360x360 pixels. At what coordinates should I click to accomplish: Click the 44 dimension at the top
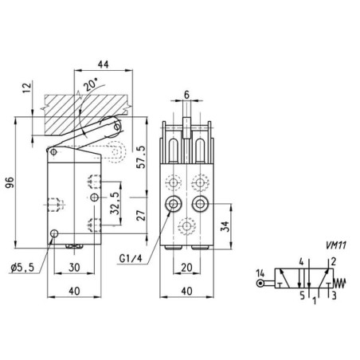tap(104, 65)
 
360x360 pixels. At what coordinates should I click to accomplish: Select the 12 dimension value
tap(27, 88)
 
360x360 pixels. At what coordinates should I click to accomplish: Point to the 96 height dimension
tap(10, 182)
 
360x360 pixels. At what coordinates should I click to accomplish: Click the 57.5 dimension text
tap(141, 157)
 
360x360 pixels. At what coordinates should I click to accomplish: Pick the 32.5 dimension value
tap(115, 203)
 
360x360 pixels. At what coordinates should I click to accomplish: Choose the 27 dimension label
tap(141, 215)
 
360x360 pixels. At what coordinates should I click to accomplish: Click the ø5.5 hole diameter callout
tap(22, 268)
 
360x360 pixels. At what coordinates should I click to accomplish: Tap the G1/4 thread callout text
tap(131, 258)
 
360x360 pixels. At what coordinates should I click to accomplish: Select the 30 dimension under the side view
tap(74, 268)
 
